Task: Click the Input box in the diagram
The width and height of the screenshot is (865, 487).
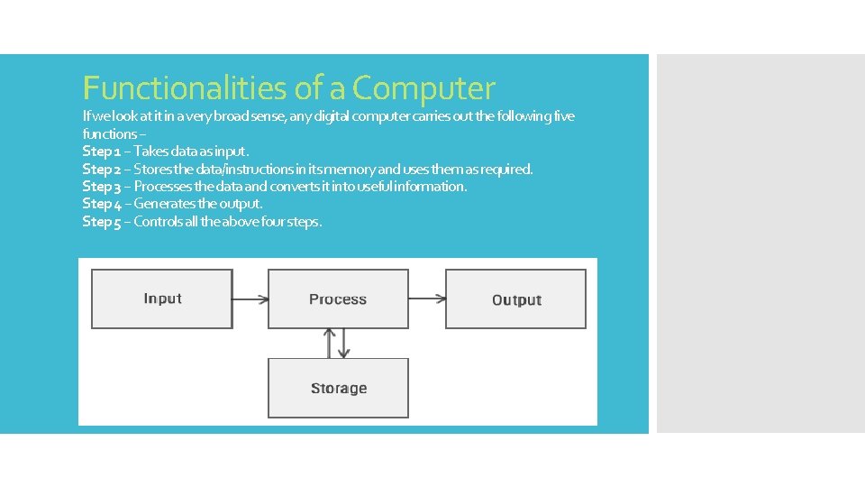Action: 162,299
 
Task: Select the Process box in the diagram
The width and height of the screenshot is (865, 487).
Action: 338,299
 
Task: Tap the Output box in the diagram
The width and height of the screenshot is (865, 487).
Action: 515,299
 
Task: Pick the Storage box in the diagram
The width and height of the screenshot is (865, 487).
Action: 338,388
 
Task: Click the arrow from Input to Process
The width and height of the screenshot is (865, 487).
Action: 250,299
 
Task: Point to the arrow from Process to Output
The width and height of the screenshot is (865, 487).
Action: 427,299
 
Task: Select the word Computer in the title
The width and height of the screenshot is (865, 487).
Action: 423,88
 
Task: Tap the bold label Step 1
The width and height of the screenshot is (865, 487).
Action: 101,152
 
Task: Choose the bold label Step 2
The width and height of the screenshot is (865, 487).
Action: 101,169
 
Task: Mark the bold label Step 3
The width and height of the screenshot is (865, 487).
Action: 101,187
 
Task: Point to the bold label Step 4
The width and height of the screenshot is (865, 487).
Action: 101,204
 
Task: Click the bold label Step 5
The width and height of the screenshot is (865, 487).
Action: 101,222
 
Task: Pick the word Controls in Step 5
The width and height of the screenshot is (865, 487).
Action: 158,222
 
